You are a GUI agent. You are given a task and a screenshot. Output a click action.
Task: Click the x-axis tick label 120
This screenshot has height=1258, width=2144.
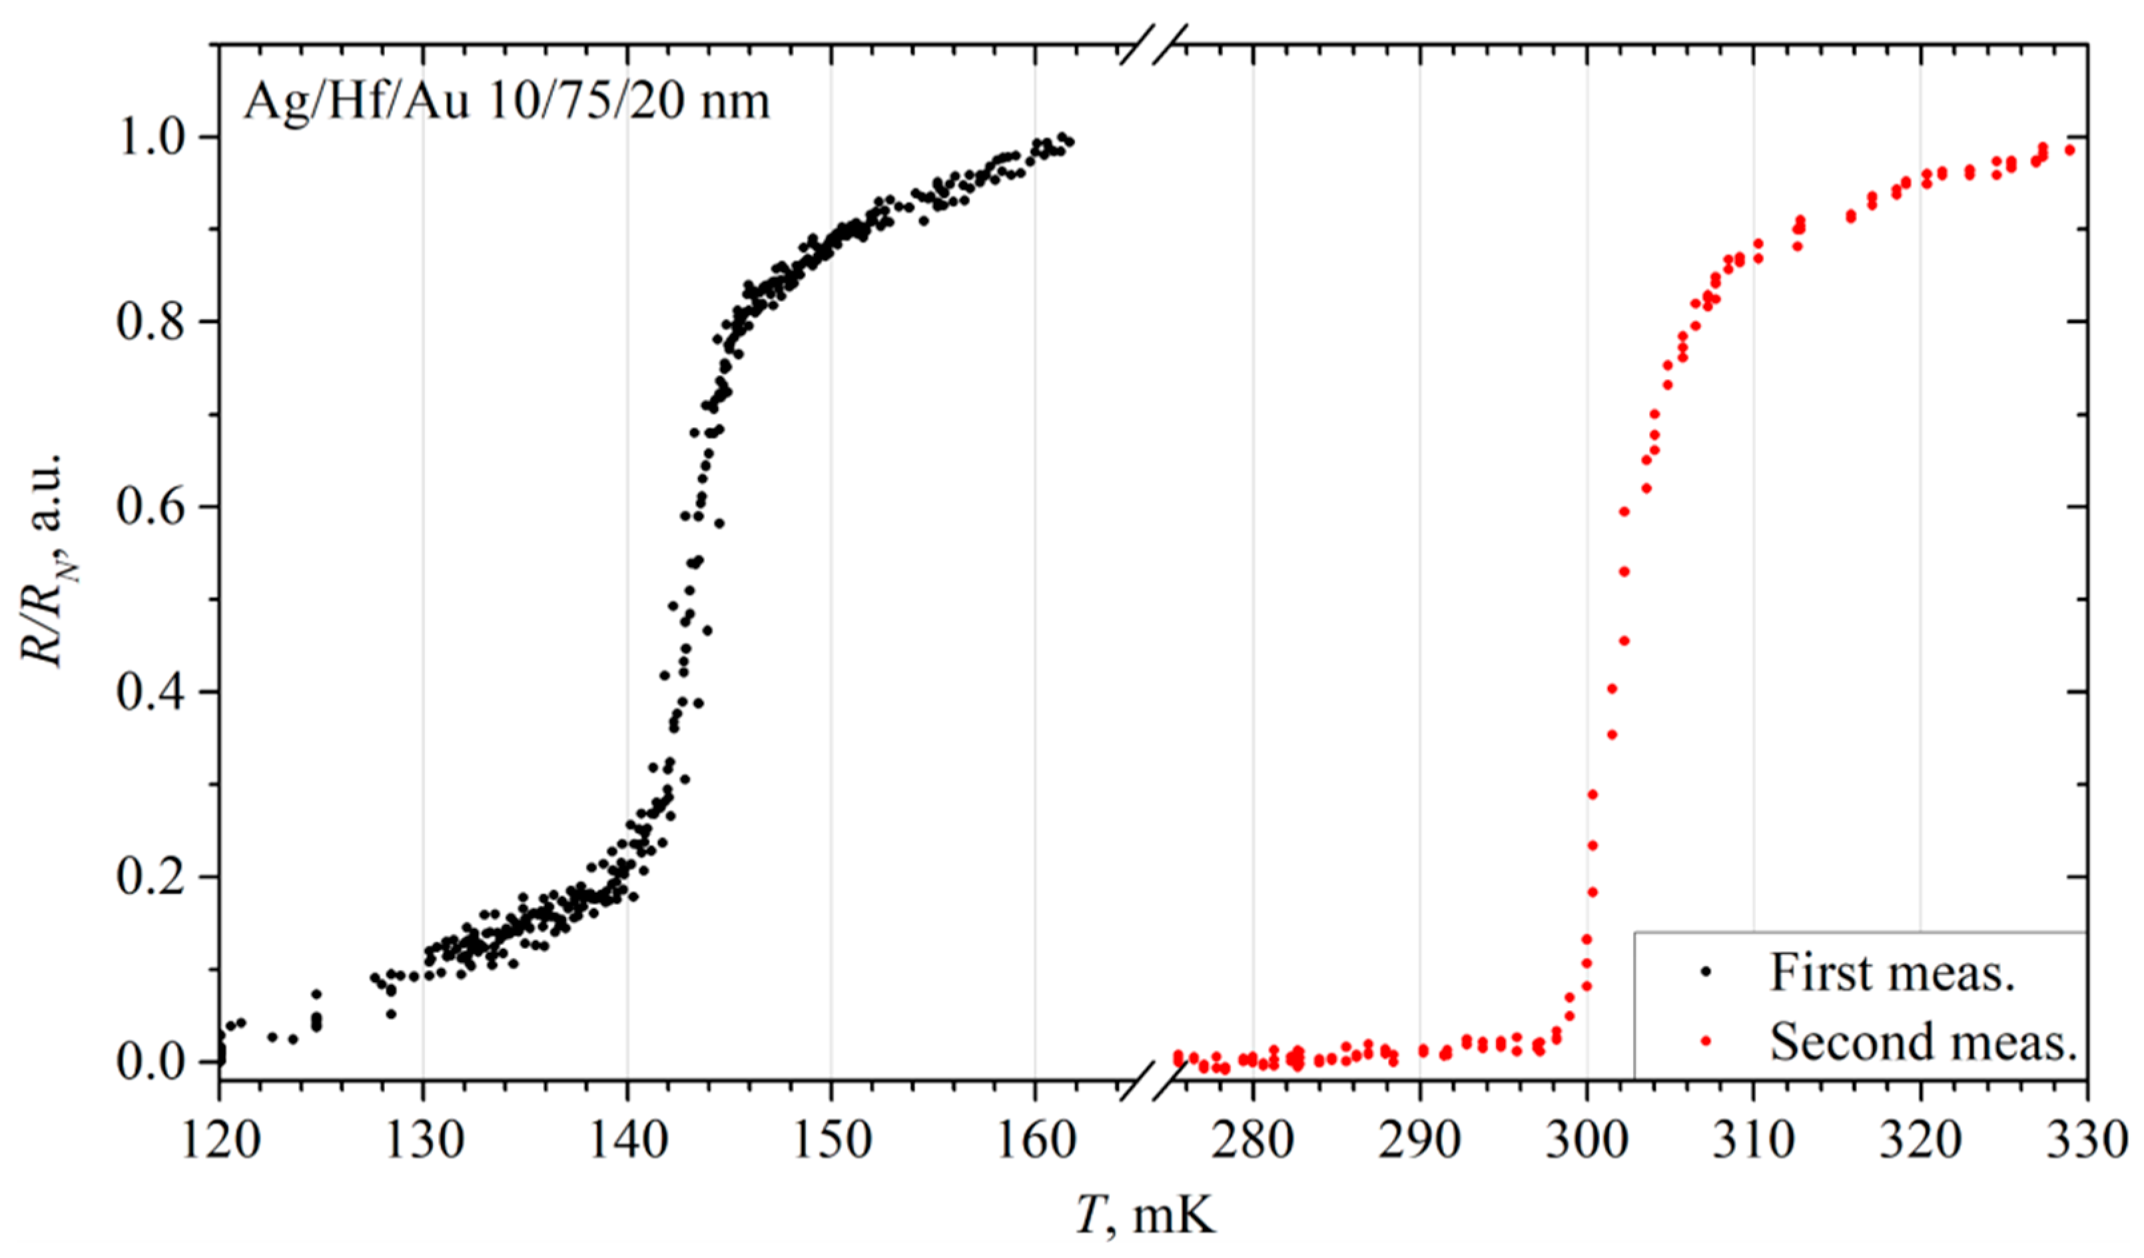point(220,1141)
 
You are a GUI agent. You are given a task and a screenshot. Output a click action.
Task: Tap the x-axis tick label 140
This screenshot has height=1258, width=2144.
point(628,1141)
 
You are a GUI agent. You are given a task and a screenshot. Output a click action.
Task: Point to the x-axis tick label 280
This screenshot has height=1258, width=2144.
point(1251,1141)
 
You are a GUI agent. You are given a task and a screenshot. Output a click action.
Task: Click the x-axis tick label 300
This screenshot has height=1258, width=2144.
point(1585,1141)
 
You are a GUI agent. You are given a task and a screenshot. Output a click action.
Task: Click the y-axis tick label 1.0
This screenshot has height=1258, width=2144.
point(151,137)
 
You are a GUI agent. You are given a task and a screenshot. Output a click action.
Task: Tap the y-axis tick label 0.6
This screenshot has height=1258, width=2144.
point(151,507)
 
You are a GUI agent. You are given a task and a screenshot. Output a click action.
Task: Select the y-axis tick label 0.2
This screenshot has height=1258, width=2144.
point(151,878)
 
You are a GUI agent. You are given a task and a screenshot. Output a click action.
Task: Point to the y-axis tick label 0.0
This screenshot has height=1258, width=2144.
point(151,1062)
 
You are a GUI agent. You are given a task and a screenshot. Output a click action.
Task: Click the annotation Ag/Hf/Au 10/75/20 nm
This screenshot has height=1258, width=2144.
point(506,102)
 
